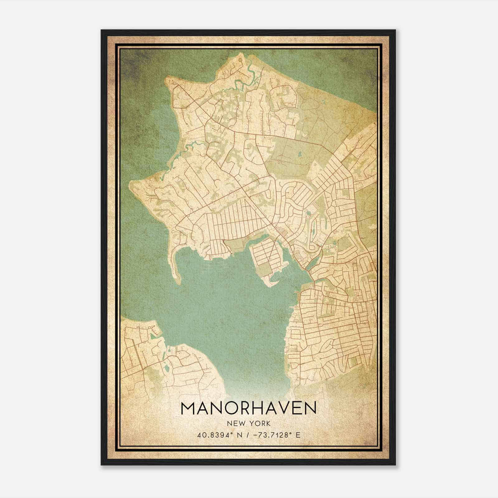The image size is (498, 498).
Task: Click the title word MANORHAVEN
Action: (248, 408)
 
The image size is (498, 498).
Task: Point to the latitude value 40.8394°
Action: (214, 435)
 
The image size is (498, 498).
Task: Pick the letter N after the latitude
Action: (239, 435)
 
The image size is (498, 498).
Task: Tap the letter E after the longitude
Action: (298, 435)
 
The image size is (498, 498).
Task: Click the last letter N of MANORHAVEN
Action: (309, 408)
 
